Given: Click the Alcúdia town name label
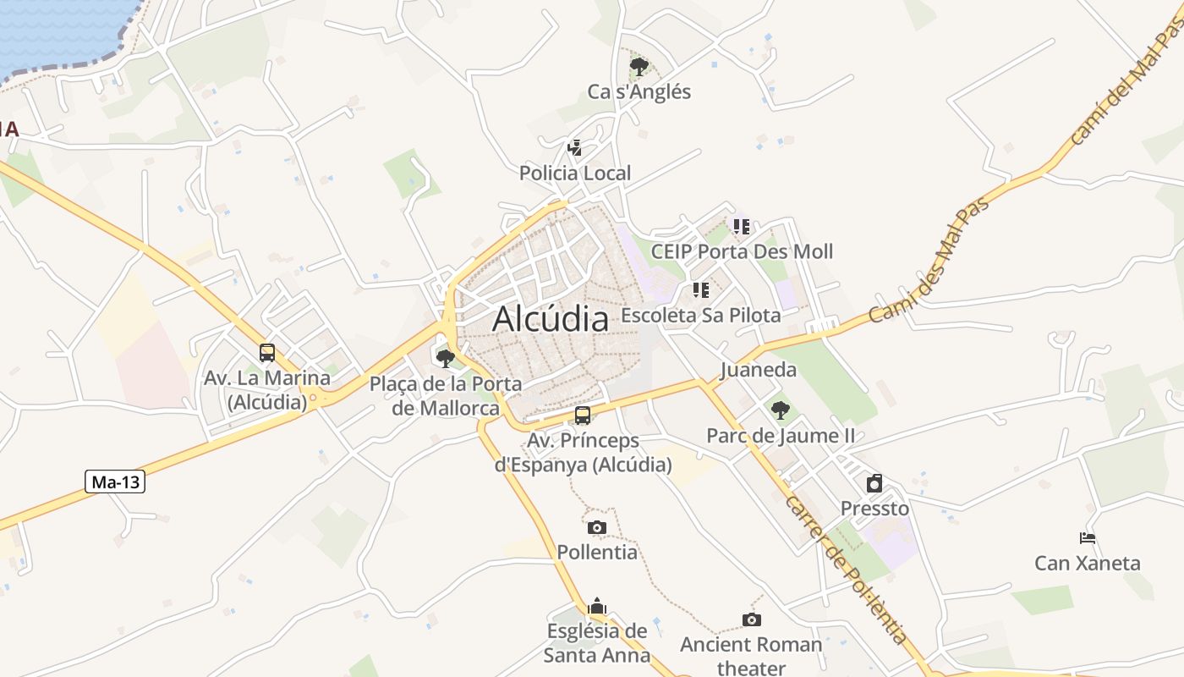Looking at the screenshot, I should [x=551, y=319].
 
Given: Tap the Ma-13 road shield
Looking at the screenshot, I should [x=116, y=482].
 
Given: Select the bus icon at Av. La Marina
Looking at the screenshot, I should [x=267, y=353].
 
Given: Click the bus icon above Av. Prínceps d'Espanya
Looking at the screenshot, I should [x=583, y=416].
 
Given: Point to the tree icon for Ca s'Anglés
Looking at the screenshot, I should [x=639, y=66].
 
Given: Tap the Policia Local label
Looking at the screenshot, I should [x=575, y=173].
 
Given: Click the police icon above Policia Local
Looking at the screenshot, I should [x=575, y=149].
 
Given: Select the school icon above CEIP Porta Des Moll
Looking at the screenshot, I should [x=742, y=226].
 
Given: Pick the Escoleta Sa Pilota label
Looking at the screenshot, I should [x=700, y=316].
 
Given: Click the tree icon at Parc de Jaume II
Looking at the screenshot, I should [x=781, y=410].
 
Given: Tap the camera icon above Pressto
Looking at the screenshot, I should [x=874, y=483].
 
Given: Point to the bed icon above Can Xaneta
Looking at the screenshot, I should [x=1088, y=537].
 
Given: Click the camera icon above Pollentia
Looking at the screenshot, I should [x=597, y=527].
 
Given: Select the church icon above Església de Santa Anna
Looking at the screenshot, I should [x=597, y=606].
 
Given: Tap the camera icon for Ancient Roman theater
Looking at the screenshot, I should [x=751, y=620].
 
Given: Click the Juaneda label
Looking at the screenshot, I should [x=759, y=370].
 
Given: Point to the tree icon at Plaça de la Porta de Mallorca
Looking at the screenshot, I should [x=446, y=358].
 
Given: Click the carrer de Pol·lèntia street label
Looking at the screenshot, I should [x=846, y=570].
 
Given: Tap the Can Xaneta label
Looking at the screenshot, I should [x=1088, y=563].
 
